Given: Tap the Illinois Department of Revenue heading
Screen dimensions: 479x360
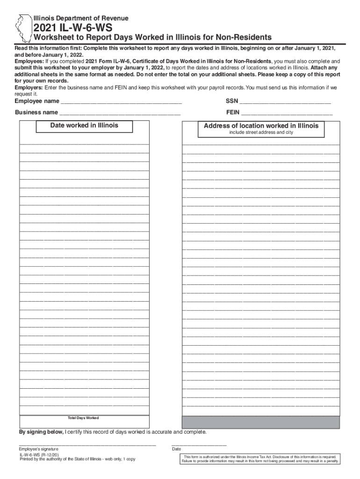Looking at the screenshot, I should tap(80, 18).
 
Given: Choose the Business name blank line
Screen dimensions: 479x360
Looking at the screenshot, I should tap(120, 113).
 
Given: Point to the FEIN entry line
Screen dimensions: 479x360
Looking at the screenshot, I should tap(287, 113).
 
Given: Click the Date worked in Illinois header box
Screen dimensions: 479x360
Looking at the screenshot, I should tap(85, 126).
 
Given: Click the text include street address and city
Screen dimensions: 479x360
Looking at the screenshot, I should tap(261, 133).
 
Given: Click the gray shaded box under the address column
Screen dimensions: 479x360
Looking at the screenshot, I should tap(261, 422).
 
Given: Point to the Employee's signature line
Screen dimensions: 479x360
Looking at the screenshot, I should tap(87, 444).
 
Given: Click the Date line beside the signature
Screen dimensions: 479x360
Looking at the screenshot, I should tap(199, 444).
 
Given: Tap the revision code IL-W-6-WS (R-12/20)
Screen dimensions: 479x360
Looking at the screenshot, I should tap(39, 454).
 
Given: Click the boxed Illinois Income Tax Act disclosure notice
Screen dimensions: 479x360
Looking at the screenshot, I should tap(261, 459).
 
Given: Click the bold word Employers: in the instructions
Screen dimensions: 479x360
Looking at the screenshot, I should tap(29, 87).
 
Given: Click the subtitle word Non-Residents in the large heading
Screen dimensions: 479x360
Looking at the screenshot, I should tap(238, 37).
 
